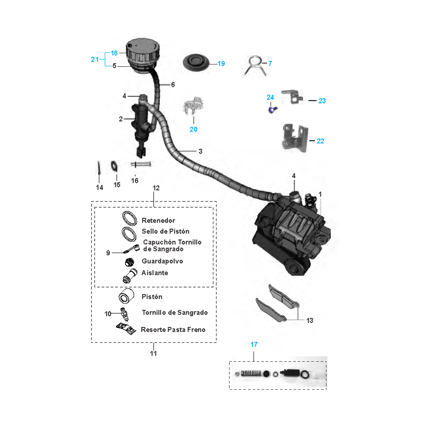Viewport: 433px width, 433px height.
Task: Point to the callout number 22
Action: pos(320,141)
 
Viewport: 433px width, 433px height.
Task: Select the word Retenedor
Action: pos(158,221)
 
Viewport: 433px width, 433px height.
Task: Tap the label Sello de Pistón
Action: pos(166,231)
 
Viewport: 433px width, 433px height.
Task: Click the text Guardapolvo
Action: pos(162,261)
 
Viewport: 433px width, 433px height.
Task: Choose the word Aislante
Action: pos(155,273)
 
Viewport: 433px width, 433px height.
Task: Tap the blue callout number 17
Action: pos(254,344)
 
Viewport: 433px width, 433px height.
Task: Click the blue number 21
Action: pos(95,59)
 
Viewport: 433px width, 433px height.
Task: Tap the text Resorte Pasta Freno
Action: pos(173,330)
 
